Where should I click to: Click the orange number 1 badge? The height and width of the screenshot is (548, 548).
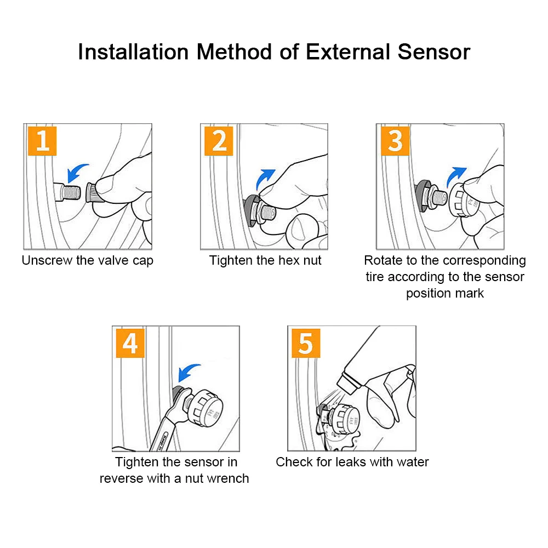pyautogui.click(x=42, y=141)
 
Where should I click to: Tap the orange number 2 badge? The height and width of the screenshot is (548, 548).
pyautogui.click(x=219, y=141)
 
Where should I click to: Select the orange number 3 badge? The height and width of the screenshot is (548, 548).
pyautogui.click(x=395, y=141)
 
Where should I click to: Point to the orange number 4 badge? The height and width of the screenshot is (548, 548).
pyautogui.click(x=130, y=343)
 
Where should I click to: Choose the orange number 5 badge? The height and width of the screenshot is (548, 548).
pyautogui.click(x=306, y=343)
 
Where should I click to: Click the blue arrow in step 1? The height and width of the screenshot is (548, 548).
pyautogui.click(x=75, y=171)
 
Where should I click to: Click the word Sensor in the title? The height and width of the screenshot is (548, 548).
pyautogui.click(x=433, y=52)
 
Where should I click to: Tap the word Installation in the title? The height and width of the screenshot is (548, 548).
pyautogui.click(x=133, y=52)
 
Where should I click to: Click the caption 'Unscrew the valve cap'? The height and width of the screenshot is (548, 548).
pyautogui.click(x=87, y=261)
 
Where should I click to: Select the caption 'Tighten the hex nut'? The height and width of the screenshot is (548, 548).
pyautogui.click(x=265, y=261)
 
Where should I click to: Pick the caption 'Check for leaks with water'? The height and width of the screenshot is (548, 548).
pyautogui.click(x=352, y=462)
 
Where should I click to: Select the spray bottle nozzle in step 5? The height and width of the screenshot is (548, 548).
pyautogui.click(x=349, y=383)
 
